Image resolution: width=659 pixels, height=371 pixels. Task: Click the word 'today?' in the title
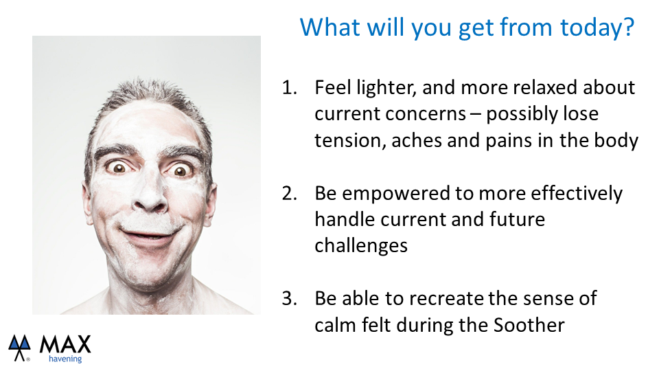tap(597, 27)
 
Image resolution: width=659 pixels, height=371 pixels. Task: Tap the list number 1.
tap(289, 87)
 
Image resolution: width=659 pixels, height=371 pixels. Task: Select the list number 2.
tap(289, 194)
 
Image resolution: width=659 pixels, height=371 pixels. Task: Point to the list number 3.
tap(289, 299)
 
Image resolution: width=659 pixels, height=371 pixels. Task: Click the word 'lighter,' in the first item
tap(386, 88)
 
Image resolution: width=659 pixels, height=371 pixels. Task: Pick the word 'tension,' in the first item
tap(351, 140)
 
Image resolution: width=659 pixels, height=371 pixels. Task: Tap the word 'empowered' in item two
tap(396, 194)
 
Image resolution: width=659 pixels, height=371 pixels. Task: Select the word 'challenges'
tap(361, 246)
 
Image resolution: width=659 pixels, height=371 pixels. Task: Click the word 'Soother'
tap(529, 325)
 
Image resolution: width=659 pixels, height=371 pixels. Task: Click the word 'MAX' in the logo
tap(65, 344)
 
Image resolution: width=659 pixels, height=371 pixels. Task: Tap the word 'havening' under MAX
tap(65, 359)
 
